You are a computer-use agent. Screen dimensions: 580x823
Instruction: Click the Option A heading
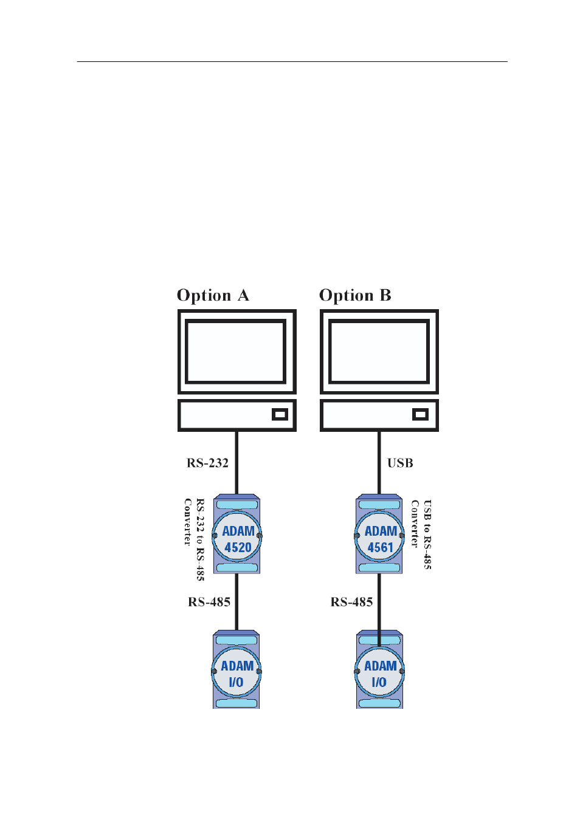pyautogui.click(x=213, y=295)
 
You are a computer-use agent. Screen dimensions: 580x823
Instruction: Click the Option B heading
pyautogui.click(x=355, y=295)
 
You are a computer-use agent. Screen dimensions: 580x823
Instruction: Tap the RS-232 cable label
pyautogui.click(x=207, y=463)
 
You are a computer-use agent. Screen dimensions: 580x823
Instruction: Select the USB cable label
pyautogui.click(x=400, y=463)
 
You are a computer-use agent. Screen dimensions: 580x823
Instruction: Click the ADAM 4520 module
pyautogui.click(x=237, y=534)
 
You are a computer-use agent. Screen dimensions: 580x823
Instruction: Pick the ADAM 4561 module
pyautogui.click(x=379, y=534)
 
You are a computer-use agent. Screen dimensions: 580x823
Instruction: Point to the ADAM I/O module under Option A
pyautogui.click(x=236, y=669)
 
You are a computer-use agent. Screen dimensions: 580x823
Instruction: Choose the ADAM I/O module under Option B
pyautogui.click(x=379, y=669)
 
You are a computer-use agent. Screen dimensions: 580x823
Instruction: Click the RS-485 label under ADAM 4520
pyautogui.click(x=209, y=602)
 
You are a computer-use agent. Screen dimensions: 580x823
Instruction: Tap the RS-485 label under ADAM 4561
pyautogui.click(x=351, y=602)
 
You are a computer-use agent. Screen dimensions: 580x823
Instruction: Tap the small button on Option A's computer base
pyautogui.click(x=280, y=414)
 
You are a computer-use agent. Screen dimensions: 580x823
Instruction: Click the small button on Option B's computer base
pyautogui.click(x=420, y=414)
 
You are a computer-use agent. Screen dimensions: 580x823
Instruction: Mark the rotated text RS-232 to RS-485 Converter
pyautogui.click(x=194, y=539)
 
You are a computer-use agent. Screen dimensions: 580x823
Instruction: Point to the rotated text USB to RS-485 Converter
pyautogui.click(x=421, y=534)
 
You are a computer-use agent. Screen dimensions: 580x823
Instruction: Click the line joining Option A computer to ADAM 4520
pyautogui.click(x=236, y=463)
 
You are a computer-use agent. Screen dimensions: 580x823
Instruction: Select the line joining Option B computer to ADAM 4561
pyautogui.click(x=379, y=463)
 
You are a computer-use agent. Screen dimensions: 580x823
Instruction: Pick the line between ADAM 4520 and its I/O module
pyautogui.click(x=236, y=602)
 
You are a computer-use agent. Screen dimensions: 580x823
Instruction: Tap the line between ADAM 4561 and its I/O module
pyautogui.click(x=379, y=610)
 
